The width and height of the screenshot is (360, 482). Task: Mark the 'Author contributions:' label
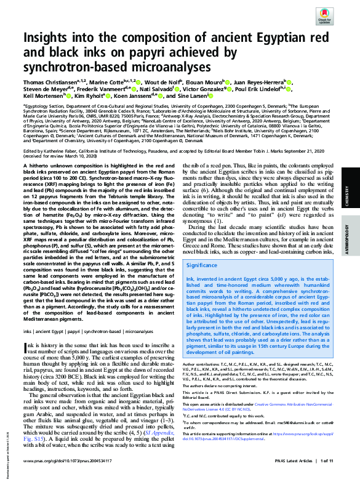(x=204, y=365)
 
